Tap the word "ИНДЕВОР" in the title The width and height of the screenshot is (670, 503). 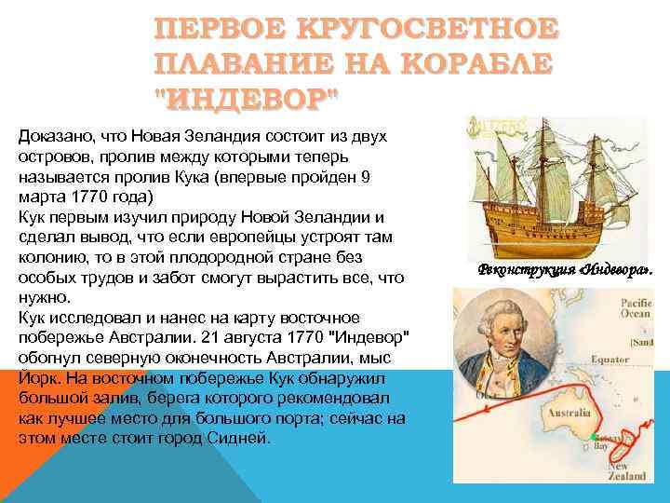click(247, 95)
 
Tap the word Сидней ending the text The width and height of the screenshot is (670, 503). click(240, 438)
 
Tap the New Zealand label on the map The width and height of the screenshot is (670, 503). click(625, 470)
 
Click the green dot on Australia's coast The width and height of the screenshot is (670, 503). click(591, 436)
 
